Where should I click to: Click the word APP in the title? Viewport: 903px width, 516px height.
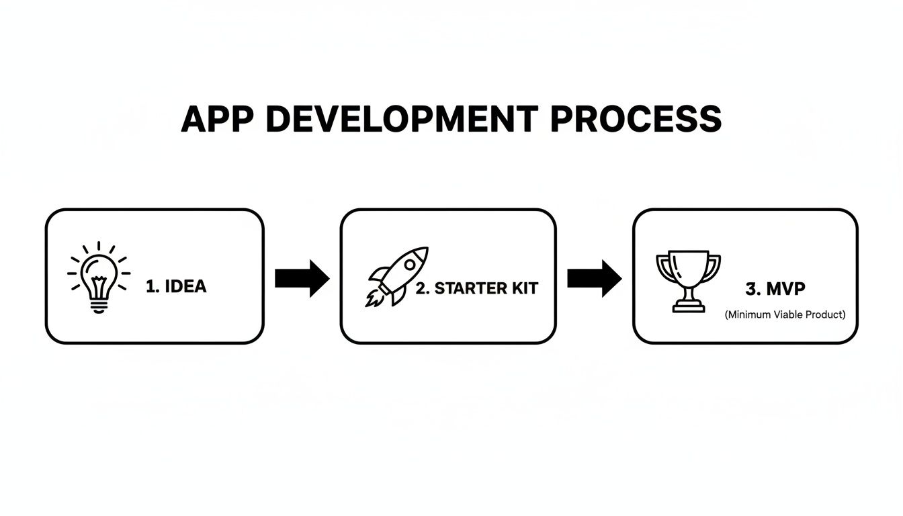[x=217, y=120]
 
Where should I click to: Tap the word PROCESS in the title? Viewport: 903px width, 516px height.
[x=636, y=120]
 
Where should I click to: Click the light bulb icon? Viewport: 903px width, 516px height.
[x=98, y=277]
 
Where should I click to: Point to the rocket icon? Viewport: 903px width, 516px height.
[x=398, y=276]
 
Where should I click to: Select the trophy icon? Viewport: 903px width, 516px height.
[x=688, y=281]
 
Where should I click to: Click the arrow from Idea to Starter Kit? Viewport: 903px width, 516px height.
[x=302, y=277]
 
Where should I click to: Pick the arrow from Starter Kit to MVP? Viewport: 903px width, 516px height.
[x=595, y=277]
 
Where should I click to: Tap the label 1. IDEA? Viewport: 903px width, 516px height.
[x=176, y=286]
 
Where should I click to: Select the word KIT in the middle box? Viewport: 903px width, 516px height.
[x=525, y=288]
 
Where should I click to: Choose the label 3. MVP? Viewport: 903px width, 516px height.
[x=775, y=288]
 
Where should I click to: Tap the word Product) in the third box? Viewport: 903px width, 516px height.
[x=826, y=314]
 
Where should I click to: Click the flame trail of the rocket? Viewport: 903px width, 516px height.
[x=374, y=298]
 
